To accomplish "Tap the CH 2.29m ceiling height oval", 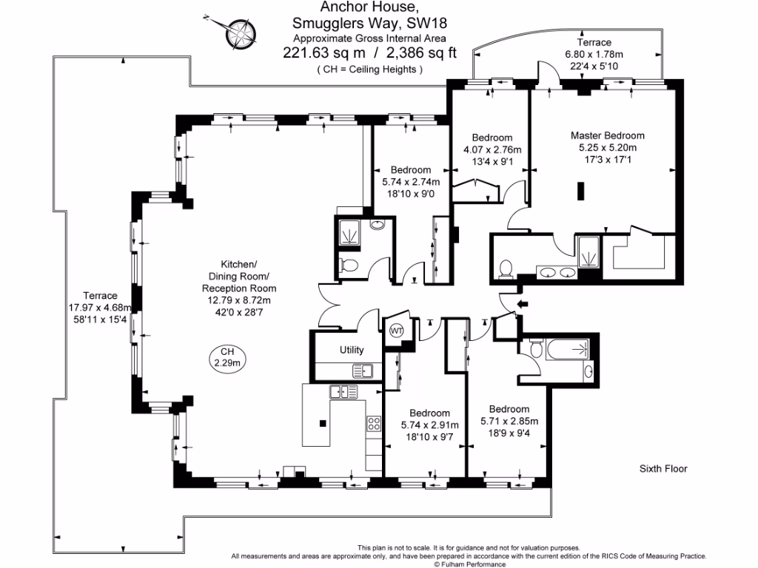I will (227, 357).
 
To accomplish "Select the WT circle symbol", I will (398, 330).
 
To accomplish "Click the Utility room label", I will (352, 350).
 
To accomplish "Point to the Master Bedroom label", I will (607, 135).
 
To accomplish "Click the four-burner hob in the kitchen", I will (374, 424).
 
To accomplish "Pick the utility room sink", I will (363, 371).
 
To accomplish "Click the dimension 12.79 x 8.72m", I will (239, 300).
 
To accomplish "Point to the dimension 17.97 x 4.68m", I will (100, 308).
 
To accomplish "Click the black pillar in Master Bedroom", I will (581, 192).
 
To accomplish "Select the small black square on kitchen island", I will (323, 423).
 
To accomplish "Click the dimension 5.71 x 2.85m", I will (509, 421).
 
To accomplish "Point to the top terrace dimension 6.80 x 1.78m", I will (594, 55).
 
